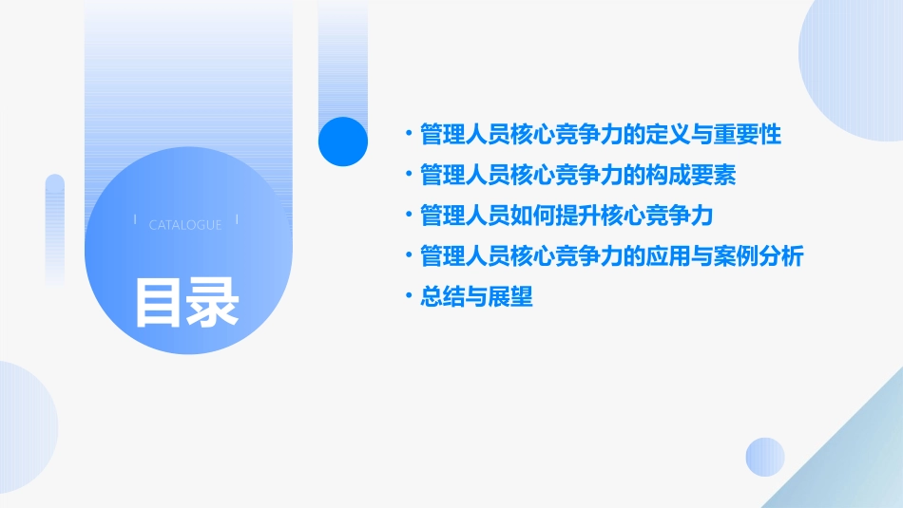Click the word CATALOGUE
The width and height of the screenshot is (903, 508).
click(x=185, y=225)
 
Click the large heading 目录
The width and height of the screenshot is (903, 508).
click(x=186, y=302)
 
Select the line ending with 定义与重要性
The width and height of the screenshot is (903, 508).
click(x=601, y=135)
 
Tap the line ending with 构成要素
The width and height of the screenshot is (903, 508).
click(x=578, y=176)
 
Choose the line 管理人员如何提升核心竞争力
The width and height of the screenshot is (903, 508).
click(x=567, y=216)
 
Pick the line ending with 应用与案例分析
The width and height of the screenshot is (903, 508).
click(x=612, y=256)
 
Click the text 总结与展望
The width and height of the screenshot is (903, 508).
click(x=476, y=297)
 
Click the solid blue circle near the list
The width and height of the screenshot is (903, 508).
click(x=343, y=141)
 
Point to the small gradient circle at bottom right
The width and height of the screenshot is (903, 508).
click(x=765, y=457)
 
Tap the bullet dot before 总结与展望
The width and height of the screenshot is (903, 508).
click(x=408, y=297)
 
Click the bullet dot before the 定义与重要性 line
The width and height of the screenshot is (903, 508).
click(x=408, y=135)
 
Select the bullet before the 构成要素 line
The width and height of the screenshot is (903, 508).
click(x=408, y=176)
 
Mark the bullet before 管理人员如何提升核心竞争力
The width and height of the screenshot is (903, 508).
click(x=408, y=216)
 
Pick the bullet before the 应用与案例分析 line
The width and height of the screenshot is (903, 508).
click(x=408, y=256)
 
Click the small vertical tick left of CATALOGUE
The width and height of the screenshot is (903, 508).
click(x=135, y=220)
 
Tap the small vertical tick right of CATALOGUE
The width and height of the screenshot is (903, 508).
click(x=237, y=220)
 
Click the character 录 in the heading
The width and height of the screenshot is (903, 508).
click(x=213, y=302)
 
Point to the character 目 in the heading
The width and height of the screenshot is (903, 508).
click(x=159, y=302)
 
